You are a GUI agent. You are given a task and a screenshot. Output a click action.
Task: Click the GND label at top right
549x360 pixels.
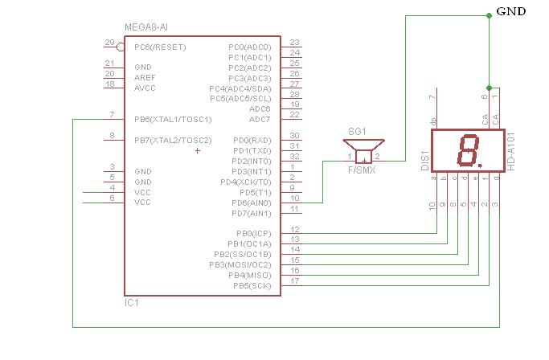(x=510, y=11)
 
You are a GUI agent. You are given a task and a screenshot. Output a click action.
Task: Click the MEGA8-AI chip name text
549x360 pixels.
(x=147, y=27)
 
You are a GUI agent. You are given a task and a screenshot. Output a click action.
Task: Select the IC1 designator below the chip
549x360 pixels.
(x=131, y=303)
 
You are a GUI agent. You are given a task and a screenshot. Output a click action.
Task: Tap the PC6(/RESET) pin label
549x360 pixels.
(x=160, y=47)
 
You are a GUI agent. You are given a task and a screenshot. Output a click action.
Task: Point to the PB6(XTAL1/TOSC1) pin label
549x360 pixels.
(x=173, y=120)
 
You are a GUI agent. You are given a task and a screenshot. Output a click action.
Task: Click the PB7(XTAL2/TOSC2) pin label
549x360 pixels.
(x=173, y=141)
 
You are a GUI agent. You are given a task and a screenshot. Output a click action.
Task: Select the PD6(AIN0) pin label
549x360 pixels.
(x=251, y=202)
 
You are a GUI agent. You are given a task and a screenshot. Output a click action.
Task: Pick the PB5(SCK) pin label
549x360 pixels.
(x=252, y=285)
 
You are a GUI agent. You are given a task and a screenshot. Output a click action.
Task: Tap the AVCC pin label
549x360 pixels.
(x=145, y=88)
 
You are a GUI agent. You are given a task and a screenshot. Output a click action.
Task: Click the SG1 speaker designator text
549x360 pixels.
(x=357, y=131)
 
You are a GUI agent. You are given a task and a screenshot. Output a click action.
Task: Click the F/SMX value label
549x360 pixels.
(x=362, y=170)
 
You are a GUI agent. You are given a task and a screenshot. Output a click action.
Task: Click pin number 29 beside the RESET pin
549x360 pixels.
(x=109, y=43)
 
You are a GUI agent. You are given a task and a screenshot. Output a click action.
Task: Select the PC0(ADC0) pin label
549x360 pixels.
(x=249, y=47)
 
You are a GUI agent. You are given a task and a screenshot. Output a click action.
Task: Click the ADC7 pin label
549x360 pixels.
(x=260, y=120)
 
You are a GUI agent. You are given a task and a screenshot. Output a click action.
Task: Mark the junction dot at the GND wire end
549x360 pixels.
(x=488, y=14)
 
